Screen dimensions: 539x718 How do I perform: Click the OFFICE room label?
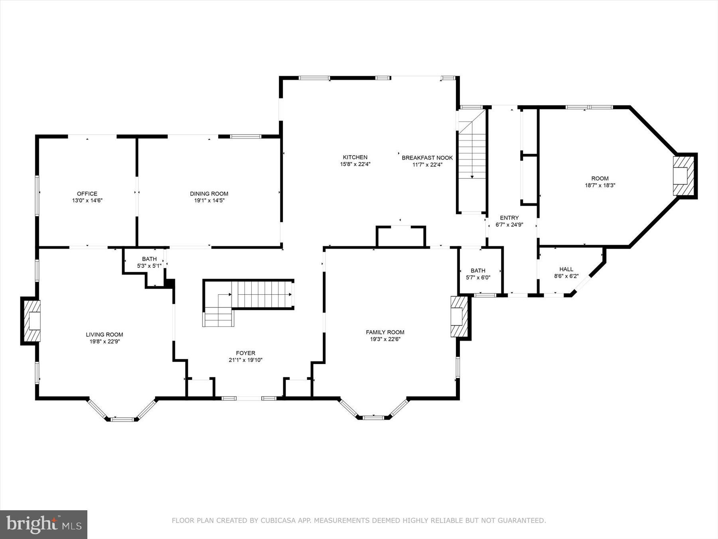coord(87,194)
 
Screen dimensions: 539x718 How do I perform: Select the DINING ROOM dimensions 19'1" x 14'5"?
coord(209,201)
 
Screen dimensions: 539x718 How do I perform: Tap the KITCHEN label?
coord(355,157)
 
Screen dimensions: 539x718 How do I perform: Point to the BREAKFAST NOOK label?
coord(427,158)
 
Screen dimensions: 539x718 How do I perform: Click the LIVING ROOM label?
coord(105,335)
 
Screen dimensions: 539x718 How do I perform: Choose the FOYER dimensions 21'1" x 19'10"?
coord(245,360)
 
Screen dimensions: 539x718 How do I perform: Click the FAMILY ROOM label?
coord(385,332)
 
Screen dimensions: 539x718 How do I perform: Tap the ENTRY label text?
coord(509,218)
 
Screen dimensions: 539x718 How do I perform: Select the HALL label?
coord(566,269)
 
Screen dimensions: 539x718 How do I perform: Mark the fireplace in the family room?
coord(458,316)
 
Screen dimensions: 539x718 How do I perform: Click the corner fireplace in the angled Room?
coord(683,176)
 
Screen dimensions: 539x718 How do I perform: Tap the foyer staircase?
coord(255,295)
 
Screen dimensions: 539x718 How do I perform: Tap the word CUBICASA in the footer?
coord(278,521)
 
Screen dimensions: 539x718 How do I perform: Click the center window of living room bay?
coord(122,419)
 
